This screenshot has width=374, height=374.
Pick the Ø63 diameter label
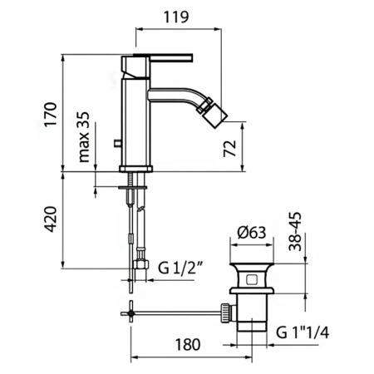(250, 234)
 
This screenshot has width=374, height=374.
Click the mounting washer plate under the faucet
(136, 187)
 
